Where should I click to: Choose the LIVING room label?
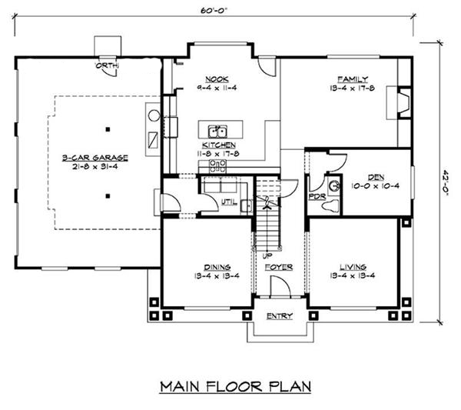pos(353,266)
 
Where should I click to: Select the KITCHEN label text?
pos(218,145)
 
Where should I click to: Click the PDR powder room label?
pos(317,196)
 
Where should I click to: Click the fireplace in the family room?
pos(400,104)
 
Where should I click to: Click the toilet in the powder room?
pos(334,185)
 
